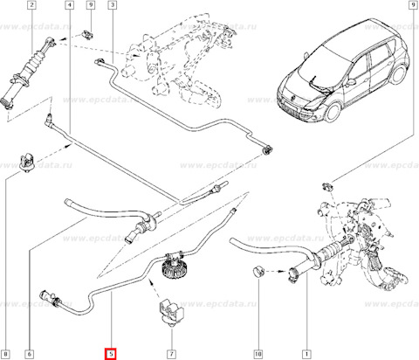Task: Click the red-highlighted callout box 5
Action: pyautogui.click(x=110, y=355)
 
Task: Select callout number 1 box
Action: pyautogui.click(x=305, y=355)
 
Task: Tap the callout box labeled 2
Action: pyautogui.click(x=31, y=6)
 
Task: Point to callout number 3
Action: pyautogui.click(x=112, y=6)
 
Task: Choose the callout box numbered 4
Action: pyautogui.click(x=68, y=6)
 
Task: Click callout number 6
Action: pyautogui.click(x=30, y=355)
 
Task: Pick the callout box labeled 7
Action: pyautogui.click(x=170, y=355)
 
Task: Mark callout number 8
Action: pyautogui.click(x=6, y=355)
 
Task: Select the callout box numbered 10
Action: pyautogui.click(x=258, y=355)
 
